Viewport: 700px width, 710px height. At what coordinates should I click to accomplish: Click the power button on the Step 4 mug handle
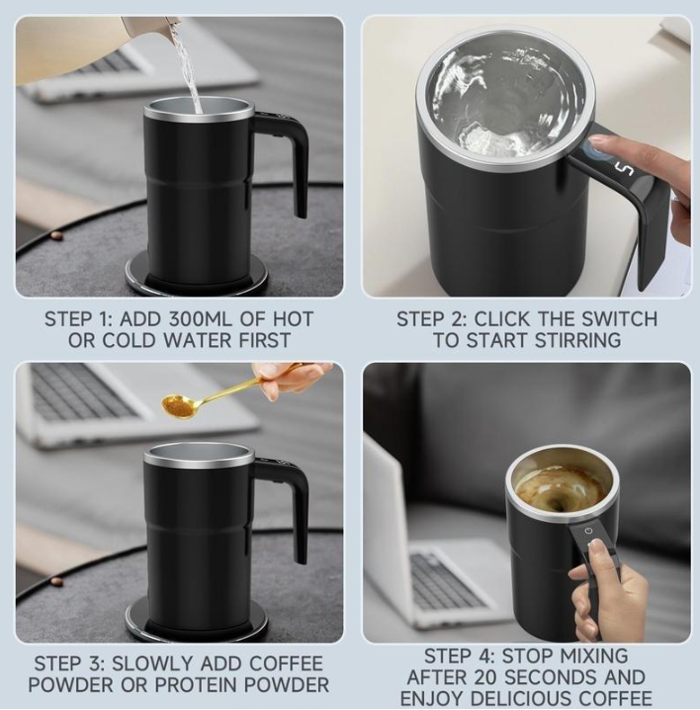[x=588, y=530]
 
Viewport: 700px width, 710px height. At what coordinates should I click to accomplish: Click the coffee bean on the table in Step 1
[x=55, y=235]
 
